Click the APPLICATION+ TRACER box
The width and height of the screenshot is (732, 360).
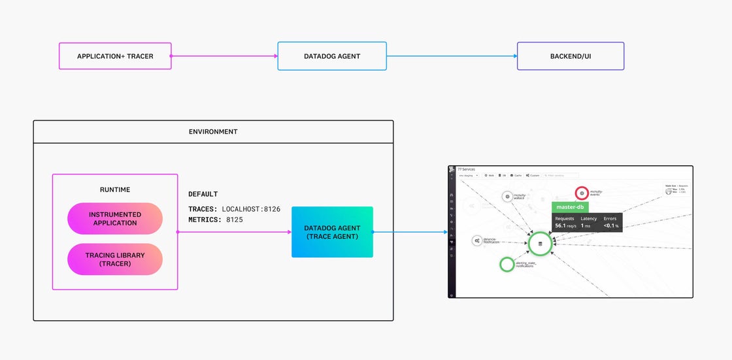point(115,56)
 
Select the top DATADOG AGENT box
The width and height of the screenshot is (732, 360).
point(332,56)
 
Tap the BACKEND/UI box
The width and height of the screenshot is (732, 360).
point(570,56)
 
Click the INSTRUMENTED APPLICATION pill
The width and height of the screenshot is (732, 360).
point(115,218)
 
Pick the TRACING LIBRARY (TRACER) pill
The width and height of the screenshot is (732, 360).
point(115,259)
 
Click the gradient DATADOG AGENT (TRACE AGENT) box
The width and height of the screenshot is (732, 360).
point(332,232)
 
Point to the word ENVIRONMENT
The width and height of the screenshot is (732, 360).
point(213,131)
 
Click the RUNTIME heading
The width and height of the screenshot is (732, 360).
point(115,189)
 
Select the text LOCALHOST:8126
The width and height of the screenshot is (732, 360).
point(251,209)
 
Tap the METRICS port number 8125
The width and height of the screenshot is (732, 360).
point(235,220)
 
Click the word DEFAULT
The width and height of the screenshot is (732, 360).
point(203,194)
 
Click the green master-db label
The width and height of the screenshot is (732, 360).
point(570,207)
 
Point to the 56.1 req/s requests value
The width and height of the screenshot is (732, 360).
point(564,225)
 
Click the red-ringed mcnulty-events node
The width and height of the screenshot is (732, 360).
point(582,193)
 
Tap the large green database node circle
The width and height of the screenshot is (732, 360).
point(540,244)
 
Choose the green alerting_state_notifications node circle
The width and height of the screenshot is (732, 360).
point(507,264)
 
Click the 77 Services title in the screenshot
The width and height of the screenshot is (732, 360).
point(467,169)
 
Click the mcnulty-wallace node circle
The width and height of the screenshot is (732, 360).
point(507,196)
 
